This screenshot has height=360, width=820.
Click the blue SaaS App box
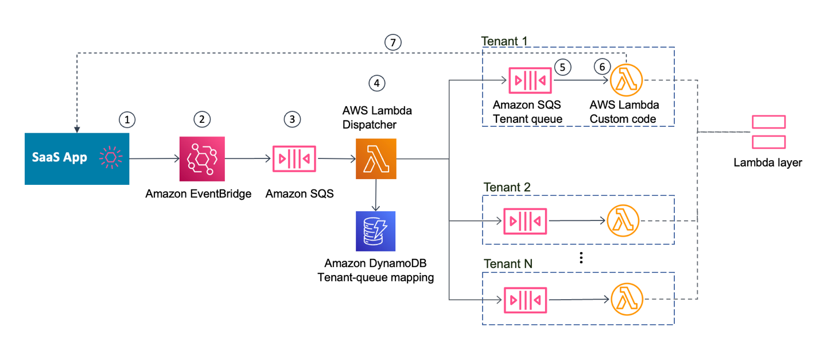coord(77,158)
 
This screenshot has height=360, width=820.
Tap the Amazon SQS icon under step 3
coord(294,159)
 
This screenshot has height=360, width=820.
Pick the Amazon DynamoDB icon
coord(376,231)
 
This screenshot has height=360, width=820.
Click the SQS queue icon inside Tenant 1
coord(530,80)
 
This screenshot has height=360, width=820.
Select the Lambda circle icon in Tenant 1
coord(627,80)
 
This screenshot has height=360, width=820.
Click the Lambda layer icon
coord(768,133)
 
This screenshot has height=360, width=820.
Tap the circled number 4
coord(376,83)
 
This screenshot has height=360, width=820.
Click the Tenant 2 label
coord(507,188)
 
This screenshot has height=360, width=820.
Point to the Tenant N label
coord(507,264)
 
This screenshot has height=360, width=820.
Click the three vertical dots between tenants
coord(581,257)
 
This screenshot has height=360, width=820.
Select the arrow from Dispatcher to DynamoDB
coord(376,195)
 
